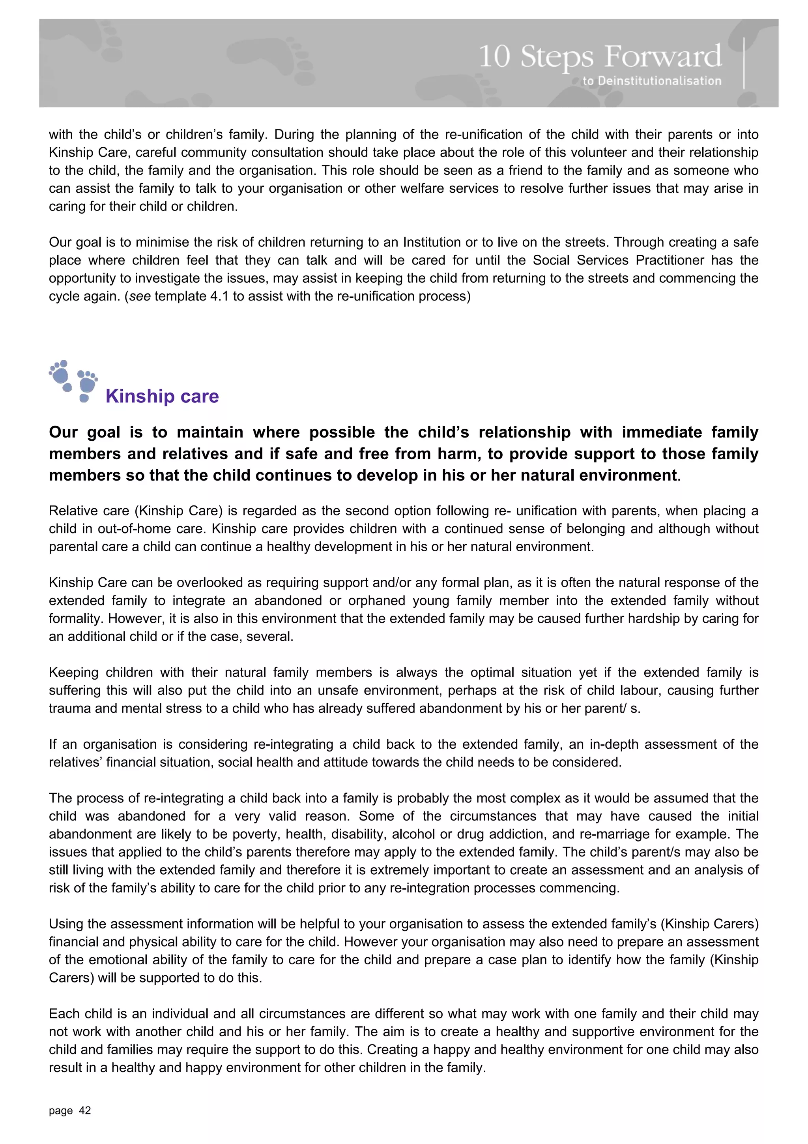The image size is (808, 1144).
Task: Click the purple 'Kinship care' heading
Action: pyautogui.click(x=162, y=396)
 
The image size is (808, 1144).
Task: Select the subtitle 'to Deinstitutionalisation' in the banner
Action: pyautogui.click(x=652, y=81)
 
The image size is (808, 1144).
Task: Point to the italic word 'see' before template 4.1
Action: pyautogui.click(x=140, y=297)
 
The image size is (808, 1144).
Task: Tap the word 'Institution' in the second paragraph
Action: pyautogui.click(x=432, y=242)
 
